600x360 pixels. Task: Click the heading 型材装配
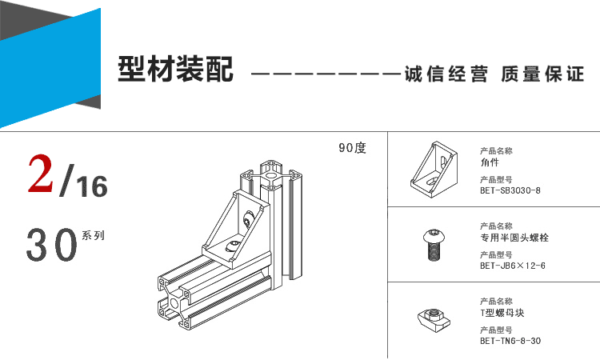tap(176, 69)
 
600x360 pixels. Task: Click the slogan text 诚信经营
tap(446, 74)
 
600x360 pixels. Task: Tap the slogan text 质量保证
tap(542, 74)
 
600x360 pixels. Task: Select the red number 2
tap(40, 174)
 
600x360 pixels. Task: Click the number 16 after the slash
tap(92, 186)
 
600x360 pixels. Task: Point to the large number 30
tap(52, 245)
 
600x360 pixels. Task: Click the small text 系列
tap(93, 235)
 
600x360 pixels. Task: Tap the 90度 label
tap(353, 148)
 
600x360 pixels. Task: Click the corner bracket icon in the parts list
tap(434, 169)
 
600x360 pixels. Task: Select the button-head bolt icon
tap(434, 245)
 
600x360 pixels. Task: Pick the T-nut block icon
tap(434, 320)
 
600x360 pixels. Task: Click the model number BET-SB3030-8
tap(510, 190)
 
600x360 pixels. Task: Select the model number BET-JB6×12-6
tap(513, 266)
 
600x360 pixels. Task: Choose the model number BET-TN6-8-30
tap(510, 341)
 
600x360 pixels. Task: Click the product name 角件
tap(490, 162)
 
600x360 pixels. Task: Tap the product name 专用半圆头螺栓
tap(514, 238)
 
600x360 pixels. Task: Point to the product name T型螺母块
tap(502, 313)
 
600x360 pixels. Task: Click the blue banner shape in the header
tap(50, 68)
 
